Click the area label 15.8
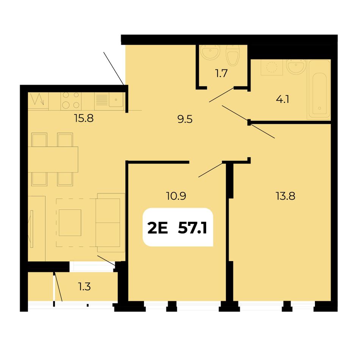click(84, 119)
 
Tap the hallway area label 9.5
click(185, 119)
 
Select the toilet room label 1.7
click(221, 74)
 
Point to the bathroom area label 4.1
click(283, 99)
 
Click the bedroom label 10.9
click(176, 196)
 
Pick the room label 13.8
click(285, 196)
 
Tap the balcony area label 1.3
click(85, 286)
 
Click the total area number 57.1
click(193, 228)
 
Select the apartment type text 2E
click(158, 228)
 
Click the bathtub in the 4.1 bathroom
click(319, 89)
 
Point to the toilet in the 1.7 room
click(233, 55)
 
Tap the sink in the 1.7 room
click(210, 52)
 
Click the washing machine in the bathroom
click(272, 67)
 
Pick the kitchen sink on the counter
click(116, 100)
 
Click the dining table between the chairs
click(53, 160)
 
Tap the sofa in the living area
click(110, 222)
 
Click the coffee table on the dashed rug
click(70, 223)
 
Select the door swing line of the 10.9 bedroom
click(211, 170)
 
